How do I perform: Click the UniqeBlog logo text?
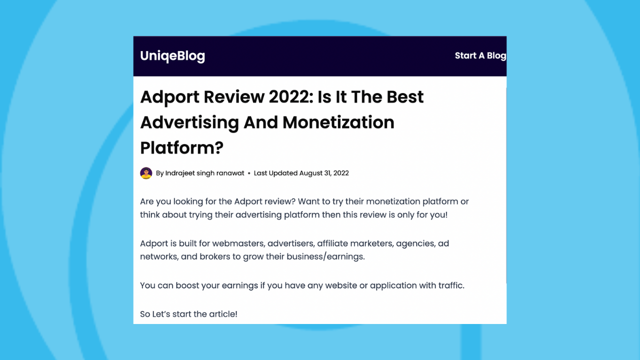[x=172, y=56]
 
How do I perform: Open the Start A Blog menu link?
[x=480, y=55]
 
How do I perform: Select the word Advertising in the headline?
[x=189, y=122]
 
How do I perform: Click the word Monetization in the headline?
[x=338, y=122]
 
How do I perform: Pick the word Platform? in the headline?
[x=181, y=148]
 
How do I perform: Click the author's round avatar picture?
[x=146, y=173]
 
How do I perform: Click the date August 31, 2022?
[x=324, y=173]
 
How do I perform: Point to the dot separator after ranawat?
[x=249, y=173]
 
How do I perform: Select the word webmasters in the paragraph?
[x=238, y=243]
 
